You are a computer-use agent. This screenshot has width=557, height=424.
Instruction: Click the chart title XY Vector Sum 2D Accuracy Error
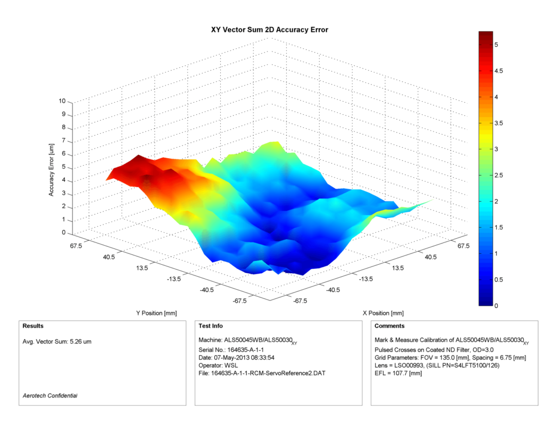point(269,29)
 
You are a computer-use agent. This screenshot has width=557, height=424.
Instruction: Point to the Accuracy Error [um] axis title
point(51,170)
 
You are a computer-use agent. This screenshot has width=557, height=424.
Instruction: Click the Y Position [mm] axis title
point(156,313)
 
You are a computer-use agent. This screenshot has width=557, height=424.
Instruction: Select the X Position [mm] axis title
point(383,313)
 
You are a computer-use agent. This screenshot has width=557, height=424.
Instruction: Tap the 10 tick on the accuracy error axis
point(62,101)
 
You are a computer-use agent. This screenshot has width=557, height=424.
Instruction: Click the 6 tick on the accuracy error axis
point(63,154)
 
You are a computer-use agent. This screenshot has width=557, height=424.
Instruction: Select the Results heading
point(33,326)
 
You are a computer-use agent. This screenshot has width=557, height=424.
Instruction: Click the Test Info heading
point(210,326)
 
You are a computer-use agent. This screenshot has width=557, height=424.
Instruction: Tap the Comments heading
point(389,326)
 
